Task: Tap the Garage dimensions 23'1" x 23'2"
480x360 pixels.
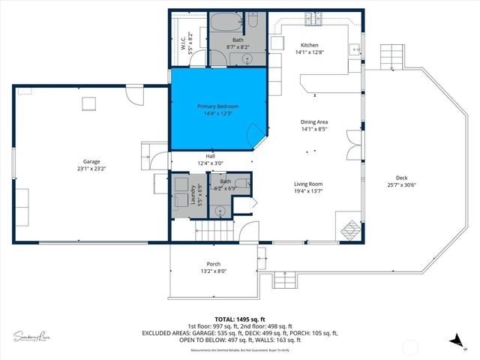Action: (91, 169)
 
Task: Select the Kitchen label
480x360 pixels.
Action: (310, 45)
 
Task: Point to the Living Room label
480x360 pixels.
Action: (307, 183)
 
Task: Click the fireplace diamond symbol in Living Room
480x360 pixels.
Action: (350, 228)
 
